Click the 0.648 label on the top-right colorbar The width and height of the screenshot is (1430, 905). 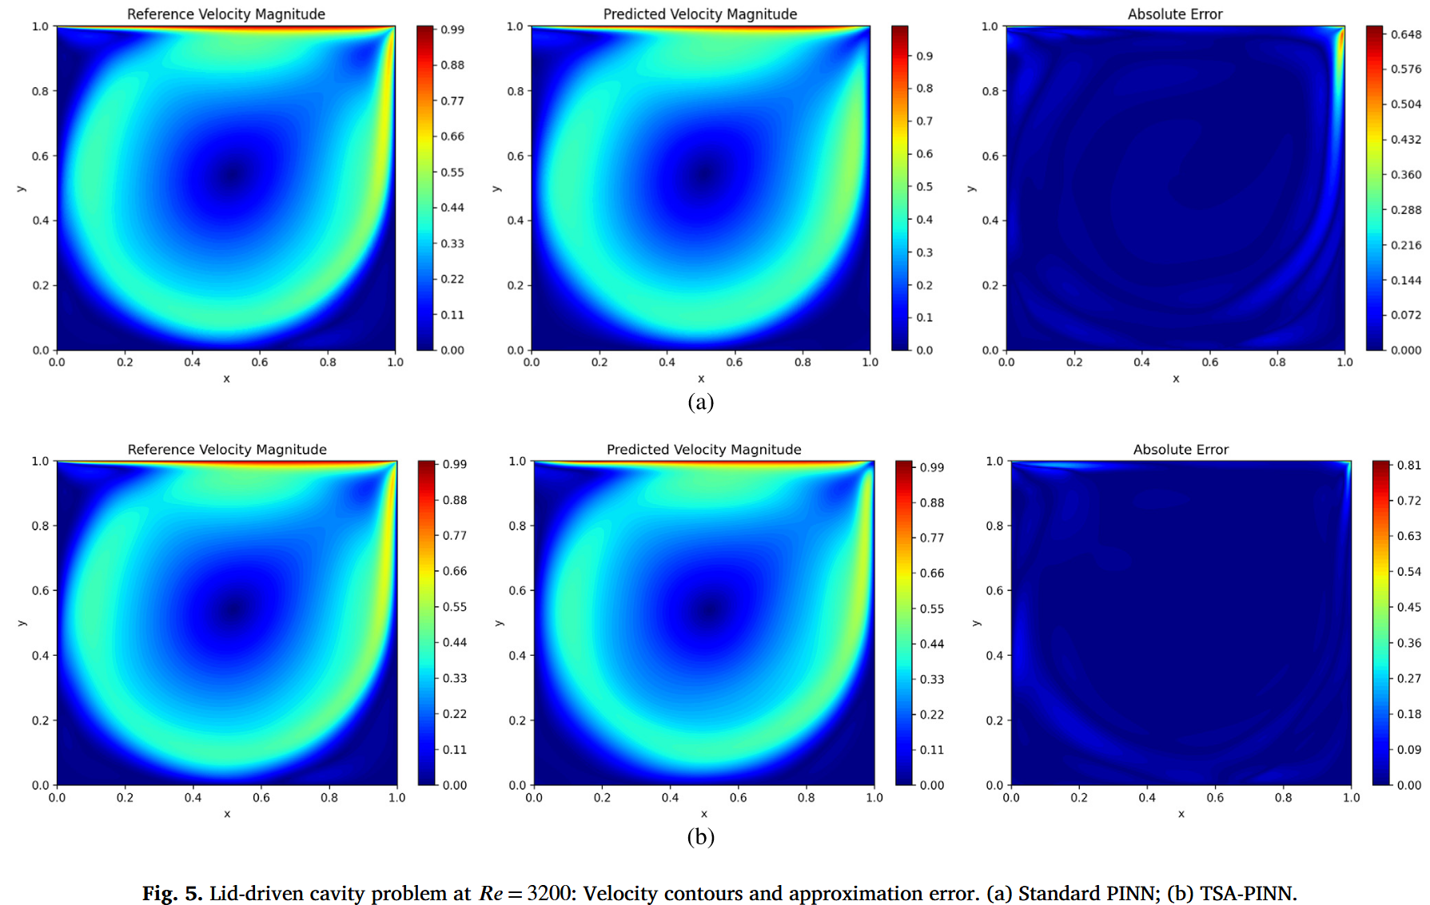[1405, 34]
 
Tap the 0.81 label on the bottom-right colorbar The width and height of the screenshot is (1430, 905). [1408, 465]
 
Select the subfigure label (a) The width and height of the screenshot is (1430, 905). [700, 402]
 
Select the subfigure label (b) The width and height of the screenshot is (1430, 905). [700, 836]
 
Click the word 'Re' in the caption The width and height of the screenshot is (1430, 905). [491, 893]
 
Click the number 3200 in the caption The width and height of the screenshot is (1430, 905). [549, 893]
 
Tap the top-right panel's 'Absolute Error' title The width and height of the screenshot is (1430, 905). [1174, 14]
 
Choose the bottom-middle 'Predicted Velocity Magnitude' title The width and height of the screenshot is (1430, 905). [703, 450]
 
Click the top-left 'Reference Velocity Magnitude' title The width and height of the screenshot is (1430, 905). [226, 14]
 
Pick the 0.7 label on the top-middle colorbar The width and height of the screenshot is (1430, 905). [924, 121]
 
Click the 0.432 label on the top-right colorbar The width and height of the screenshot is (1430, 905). [1405, 139]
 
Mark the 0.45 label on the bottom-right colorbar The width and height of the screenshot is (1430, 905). [1408, 607]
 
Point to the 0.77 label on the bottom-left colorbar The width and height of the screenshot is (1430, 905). [455, 535]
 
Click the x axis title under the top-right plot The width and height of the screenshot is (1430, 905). [1176, 379]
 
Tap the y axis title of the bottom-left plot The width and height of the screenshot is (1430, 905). [22, 623]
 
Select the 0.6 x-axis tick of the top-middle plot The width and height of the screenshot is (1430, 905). [735, 362]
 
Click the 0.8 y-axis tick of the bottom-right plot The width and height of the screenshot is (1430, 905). [994, 526]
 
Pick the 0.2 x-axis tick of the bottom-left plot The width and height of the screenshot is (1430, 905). [125, 797]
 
